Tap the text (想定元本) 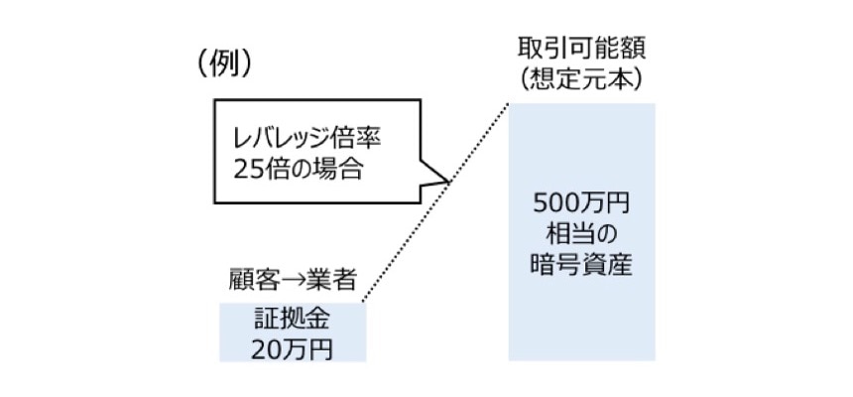coord(581,78)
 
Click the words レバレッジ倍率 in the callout coord(307,137)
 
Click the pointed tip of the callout coord(449,182)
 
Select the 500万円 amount coord(581,207)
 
